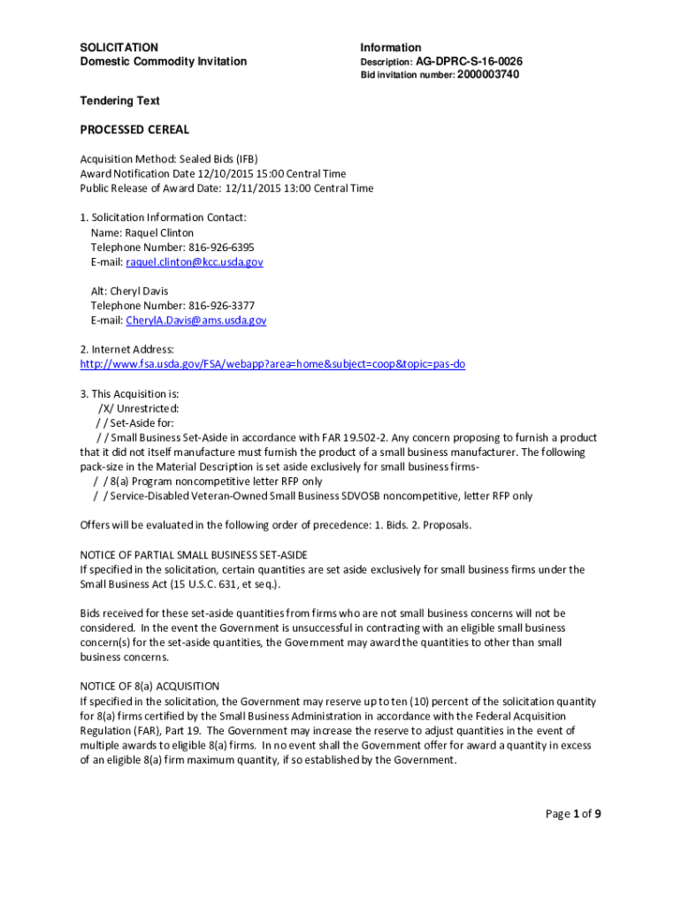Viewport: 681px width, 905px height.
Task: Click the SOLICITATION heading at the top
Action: pos(119,47)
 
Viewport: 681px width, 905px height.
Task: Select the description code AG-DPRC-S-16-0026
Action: pos(469,62)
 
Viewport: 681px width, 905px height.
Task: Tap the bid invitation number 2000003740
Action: pos(488,75)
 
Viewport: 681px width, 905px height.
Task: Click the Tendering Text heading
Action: pos(119,101)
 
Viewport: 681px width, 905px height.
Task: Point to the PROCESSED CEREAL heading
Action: pos(134,130)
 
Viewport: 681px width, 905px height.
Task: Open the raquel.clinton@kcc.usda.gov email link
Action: pos(194,262)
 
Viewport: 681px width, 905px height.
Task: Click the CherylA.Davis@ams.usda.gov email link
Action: pos(195,321)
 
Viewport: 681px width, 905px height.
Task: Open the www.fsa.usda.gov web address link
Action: pos(272,364)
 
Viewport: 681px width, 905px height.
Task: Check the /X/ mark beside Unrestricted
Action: pos(105,408)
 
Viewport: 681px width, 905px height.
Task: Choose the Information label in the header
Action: pos(390,47)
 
